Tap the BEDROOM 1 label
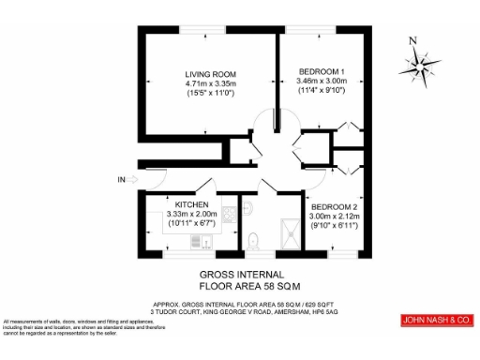tap(322, 72)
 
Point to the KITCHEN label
tap(177, 204)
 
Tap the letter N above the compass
tap(413, 40)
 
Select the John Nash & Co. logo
tap(435, 321)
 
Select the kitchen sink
tap(199, 243)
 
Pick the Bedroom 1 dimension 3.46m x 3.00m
tap(322, 82)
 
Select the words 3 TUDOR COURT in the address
tap(174, 313)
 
